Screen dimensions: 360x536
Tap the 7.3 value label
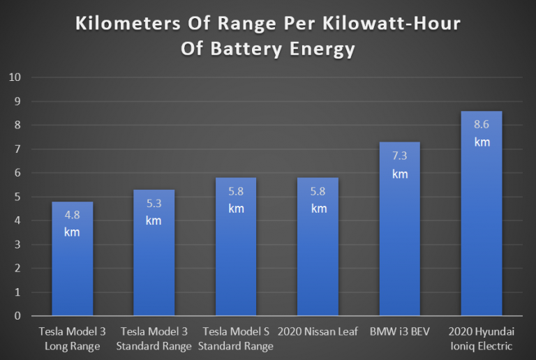tap(400, 157)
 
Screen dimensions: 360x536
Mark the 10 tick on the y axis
tap(15, 77)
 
